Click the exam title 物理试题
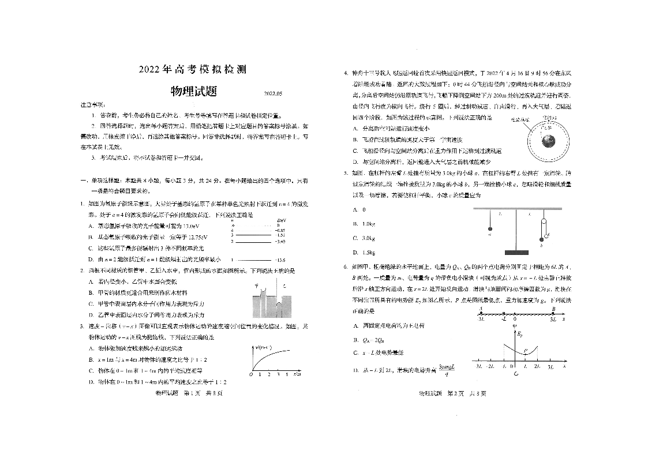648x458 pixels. [x=192, y=91]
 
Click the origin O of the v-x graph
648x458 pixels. [x=251, y=375]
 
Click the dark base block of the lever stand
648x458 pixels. [x=516, y=252]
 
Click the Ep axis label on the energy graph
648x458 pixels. [x=520, y=334]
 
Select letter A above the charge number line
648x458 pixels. [x=481, y=309]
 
